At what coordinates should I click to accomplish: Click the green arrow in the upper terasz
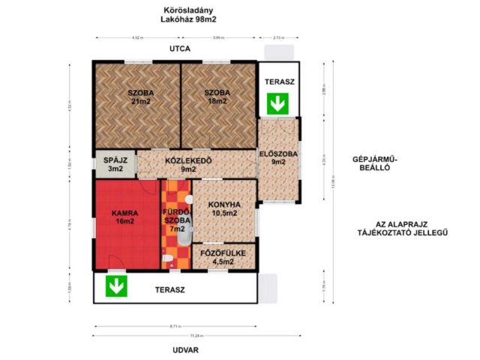(x=278, y=103)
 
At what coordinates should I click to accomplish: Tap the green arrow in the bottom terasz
(x=115, y=286)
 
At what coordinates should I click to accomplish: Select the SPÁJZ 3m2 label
(x=115, y=164)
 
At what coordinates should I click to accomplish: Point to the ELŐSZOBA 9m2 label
(x=278, y=158)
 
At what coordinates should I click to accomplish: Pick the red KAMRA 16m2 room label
(x=124, y=217)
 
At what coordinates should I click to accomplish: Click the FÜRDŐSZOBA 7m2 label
(x=177, y=220)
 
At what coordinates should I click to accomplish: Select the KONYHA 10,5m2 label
(x=224, y=208)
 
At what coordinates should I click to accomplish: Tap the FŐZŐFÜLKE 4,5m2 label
(x=223, y=257)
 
